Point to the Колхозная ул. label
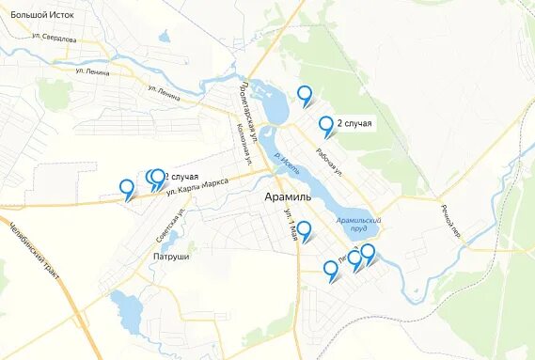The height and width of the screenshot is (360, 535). tap(245, 144)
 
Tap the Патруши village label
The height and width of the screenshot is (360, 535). tap(169, 256)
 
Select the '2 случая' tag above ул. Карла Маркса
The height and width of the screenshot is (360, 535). tap(181, 176)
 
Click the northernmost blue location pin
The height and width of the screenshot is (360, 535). tap(304, 94)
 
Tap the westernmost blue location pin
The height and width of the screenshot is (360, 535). tap(126, 188)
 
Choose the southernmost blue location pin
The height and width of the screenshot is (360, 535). tap(330, 270)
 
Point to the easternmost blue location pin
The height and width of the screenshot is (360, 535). tap(368, 252)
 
